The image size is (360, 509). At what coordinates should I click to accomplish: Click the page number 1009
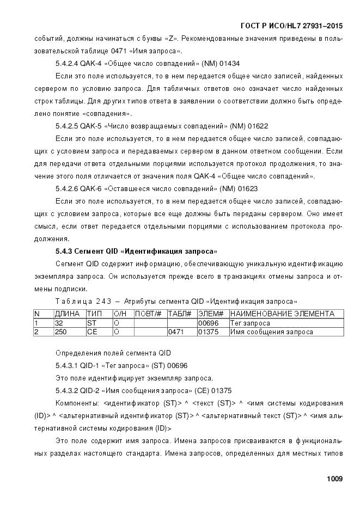point(334,479)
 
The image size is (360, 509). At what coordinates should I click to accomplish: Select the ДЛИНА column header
point(67,314)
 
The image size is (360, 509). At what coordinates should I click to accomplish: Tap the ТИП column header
point(94,314)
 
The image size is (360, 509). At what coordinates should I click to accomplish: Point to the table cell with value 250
point(61,332)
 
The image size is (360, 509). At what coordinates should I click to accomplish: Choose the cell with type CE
point(92,332)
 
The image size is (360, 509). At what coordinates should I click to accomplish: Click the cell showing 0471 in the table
point(176,332)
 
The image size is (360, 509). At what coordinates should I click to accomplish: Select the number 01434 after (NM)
point(228,64)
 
